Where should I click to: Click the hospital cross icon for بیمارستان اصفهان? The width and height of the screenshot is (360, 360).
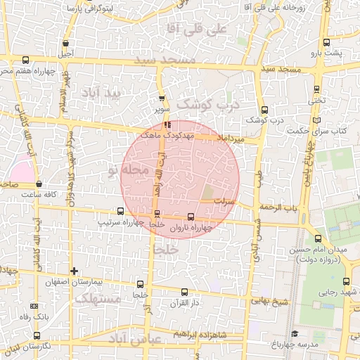74,271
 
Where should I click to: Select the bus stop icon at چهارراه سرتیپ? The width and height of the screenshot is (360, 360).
121,211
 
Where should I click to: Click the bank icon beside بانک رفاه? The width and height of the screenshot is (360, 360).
35,307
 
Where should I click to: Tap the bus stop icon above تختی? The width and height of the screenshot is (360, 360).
316,89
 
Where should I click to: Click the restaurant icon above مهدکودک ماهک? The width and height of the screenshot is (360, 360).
167,124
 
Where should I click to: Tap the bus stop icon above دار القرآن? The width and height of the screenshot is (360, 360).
185,292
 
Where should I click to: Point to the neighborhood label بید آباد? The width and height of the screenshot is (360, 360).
101,93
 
